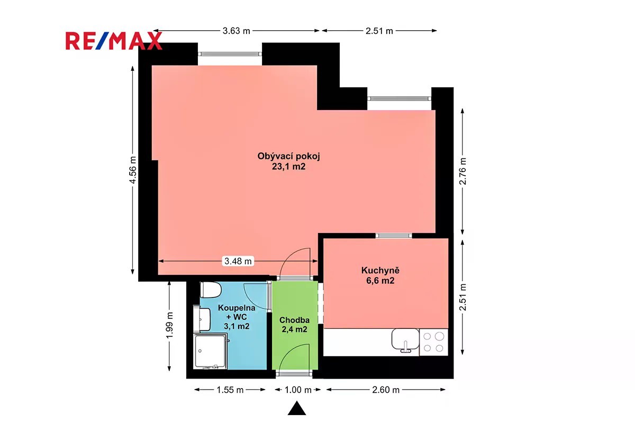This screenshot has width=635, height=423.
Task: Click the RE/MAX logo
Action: click(x=114, y=41)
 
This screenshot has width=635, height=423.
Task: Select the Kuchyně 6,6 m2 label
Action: click(x=380, y=275)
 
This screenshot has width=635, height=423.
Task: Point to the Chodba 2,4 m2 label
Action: click(x=294, y=325)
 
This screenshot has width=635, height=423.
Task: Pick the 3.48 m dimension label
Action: click(x=238, y=261)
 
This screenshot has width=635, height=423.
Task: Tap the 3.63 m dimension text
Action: click(x=237, y=31)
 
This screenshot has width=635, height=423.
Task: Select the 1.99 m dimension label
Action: click(x=169, y=326)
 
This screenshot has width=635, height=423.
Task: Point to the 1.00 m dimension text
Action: click(x=298, y=390)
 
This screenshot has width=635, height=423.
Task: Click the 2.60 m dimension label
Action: click(x=386, y=390)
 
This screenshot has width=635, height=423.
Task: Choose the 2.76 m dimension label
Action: click(x=462, y=171)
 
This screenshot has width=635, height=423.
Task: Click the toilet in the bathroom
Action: click(x=211, y=290)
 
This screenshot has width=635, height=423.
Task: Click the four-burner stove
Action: click(x=433, y=342)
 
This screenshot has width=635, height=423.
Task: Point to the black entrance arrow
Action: click(x=297, y=408)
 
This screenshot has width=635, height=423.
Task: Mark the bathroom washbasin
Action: click(x=202, y=319)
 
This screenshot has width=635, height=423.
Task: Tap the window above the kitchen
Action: click(x=394, y=236)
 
